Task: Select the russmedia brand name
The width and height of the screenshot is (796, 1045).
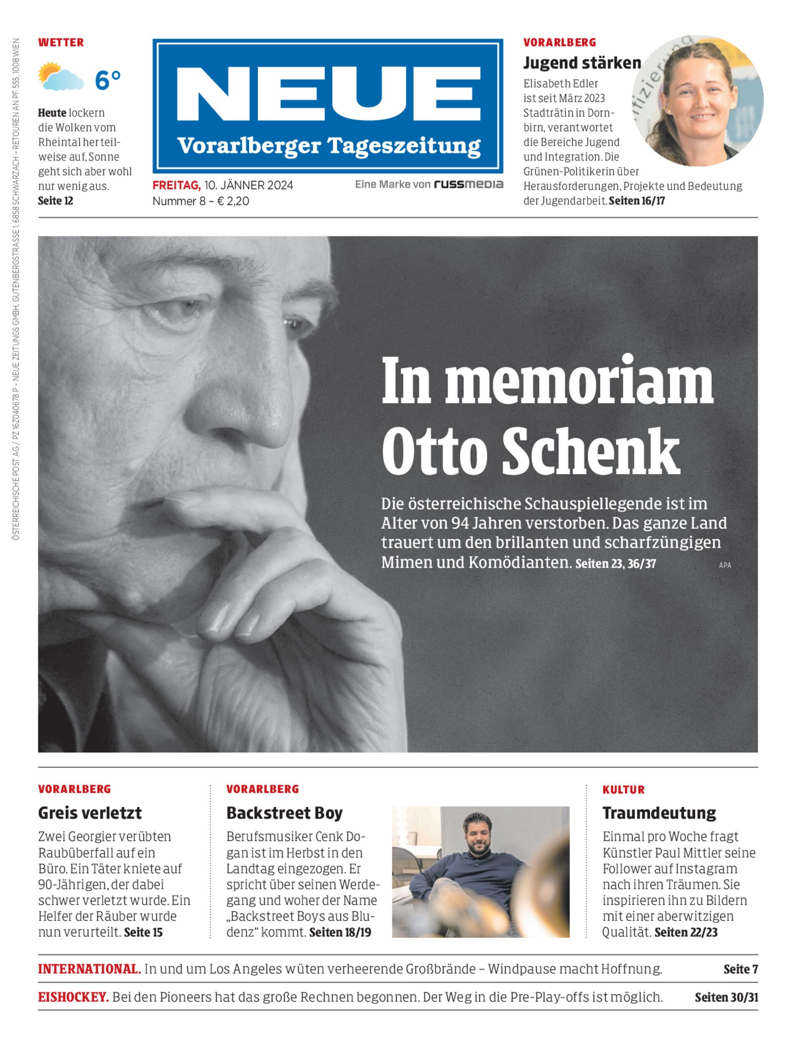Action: click(x=469, y=184)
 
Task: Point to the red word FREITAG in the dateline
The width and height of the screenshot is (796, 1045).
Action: click(x=176, y=185)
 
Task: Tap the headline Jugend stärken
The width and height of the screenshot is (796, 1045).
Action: click(x=582, y=63)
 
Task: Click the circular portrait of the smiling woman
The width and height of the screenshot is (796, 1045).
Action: click(x=697, y=101)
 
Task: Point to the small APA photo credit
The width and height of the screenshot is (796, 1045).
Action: click(x=725, y=565)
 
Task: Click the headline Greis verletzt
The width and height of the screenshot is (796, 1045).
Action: click(x=90, y=813)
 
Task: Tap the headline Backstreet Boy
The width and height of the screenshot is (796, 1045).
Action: click(x=284, y=813)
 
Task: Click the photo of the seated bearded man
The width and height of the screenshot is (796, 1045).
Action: click(x=480, y=872)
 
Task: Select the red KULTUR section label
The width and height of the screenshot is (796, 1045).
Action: click(x=623, y=790)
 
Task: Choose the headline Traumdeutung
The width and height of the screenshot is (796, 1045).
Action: click(x=659, y=813)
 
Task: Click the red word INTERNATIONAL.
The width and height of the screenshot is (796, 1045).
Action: click(x=89, y=969)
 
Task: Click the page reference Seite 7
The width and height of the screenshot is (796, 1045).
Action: click(x=740, y=969)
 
